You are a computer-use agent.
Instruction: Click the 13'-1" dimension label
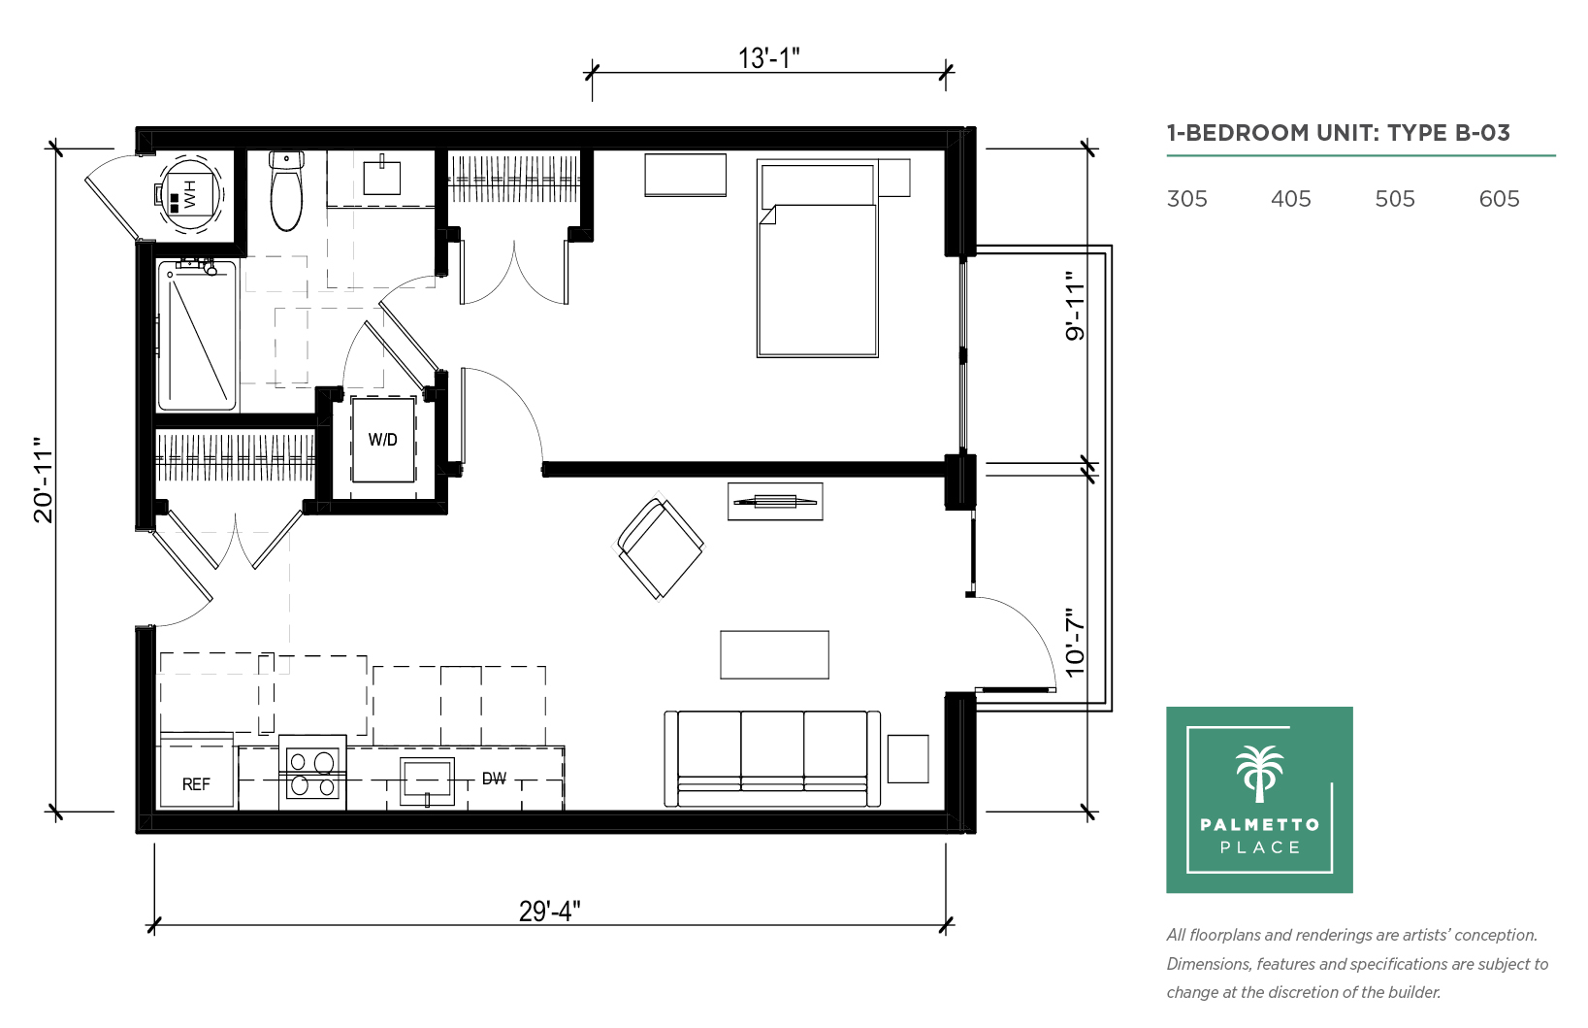pyautogui.click(x=768, y=57)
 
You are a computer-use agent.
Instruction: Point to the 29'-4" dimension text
pyautogui.click(x=549, y=911)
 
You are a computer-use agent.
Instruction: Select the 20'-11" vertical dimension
pyautogui.click(x=44, y=480)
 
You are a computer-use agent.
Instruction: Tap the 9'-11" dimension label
pyautogui.click(x=1076, y=307)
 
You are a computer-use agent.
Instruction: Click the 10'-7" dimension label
pyautogui.click(x=1076, y=642)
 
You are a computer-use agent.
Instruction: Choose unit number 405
pyautogui.click(x=1291, y=199)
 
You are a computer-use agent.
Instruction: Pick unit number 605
pyautogui.click(x=1499, y=199)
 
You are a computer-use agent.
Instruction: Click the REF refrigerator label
pyautogui.click(x=196, y=784)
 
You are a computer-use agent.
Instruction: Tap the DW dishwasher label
pyautogui.click(x=494, y=779)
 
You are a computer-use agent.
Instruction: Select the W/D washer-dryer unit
pyautogui.click(x=383, y=440)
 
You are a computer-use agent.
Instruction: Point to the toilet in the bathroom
pyautogui.click(x=286, y=190)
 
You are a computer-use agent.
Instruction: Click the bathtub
pyautogui.click(x=196, y=335)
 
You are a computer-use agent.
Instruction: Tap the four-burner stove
pyautogui.click(x=312, y=774)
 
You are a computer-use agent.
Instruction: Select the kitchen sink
pyautogui.click(x=427, y=781)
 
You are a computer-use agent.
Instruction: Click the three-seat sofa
pyautogui.click(x=772, y=759)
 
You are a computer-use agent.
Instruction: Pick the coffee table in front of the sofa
pyautogui.click(x=774, y=655)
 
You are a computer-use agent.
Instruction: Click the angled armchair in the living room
pyautogui.click(x=659, y=548)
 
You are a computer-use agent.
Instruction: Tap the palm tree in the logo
pyautogui.click(x=1259, y=774)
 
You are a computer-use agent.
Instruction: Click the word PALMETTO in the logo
pyautogui.click(x=1260, y=824)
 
